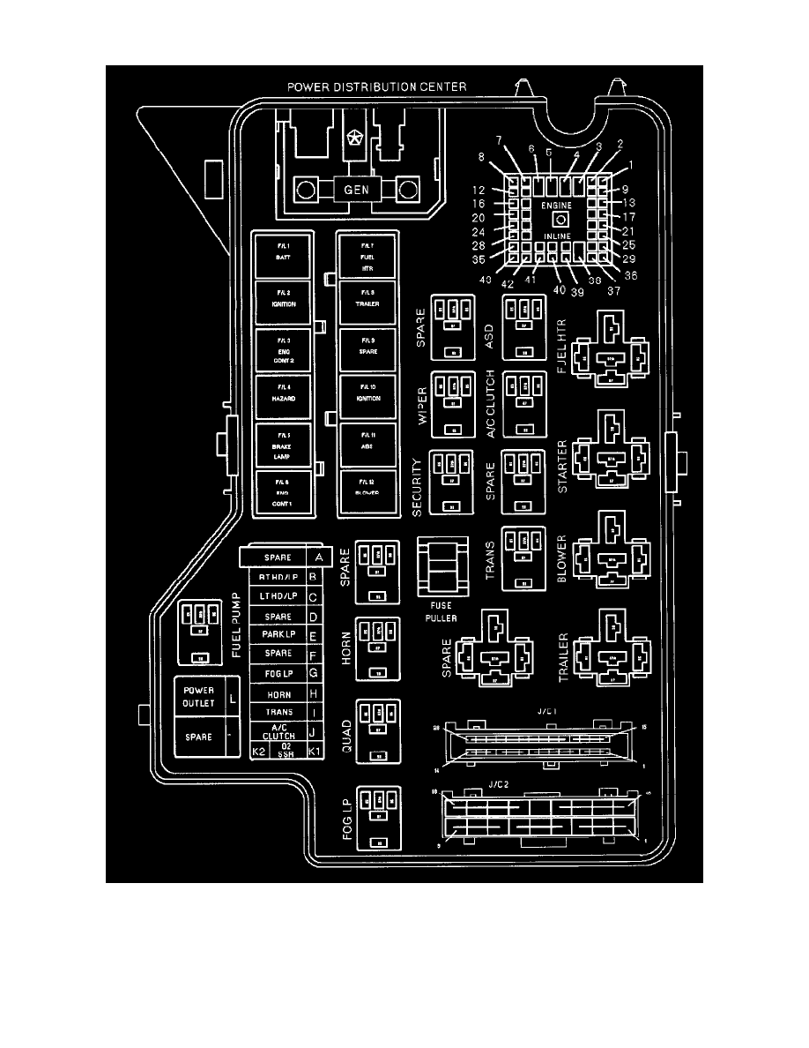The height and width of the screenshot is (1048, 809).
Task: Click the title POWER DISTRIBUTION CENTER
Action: click(x=377, y=86)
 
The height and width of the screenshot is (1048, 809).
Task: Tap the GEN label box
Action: click(x=356, y=190)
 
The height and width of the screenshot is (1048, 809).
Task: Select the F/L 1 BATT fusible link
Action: click(x=282, y=250)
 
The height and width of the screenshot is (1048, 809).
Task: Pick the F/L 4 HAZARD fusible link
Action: click(x=282, y=396)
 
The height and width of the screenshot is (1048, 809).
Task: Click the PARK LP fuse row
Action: click(x=278, y=635)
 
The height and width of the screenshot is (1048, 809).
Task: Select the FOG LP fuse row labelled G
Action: click(x=278, y=674)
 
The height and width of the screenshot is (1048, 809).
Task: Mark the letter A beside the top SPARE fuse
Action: click(x=316, y=558)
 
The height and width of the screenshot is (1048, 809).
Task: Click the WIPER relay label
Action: click(x=422, y=405)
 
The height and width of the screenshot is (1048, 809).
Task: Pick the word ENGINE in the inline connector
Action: click(x=557, y=204)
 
